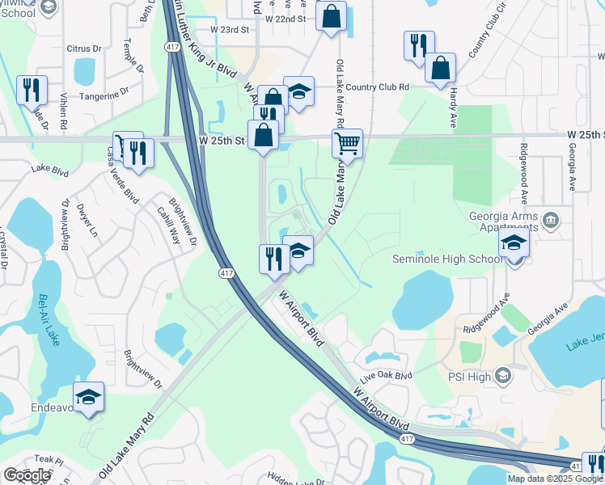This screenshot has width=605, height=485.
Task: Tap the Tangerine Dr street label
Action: click(x=102, y=95)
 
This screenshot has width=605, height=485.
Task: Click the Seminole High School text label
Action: click(x=446, y=259)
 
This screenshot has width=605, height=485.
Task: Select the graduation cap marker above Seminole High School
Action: click(x=514, y=243)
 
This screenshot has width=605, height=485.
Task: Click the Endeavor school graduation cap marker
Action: click(x=88, y=398)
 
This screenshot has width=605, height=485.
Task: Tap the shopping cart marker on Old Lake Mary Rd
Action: click(x=347, y=145)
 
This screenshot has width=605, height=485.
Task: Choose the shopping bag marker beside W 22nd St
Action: click(x=332, y=17)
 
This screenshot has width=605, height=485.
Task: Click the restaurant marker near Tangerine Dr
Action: click(x=32, y=91)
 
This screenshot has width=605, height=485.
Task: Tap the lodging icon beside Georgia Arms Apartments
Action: click(x=550, y=219)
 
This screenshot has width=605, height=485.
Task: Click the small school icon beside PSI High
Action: click(x=503, y=376)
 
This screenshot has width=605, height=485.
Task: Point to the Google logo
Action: click(x=27, y=475)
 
